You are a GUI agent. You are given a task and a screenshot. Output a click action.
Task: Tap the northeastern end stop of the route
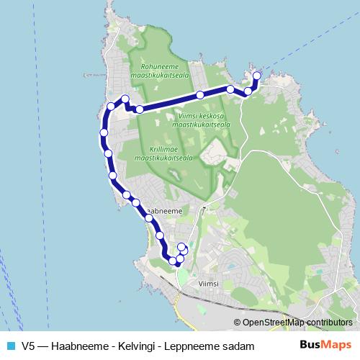point(257,76)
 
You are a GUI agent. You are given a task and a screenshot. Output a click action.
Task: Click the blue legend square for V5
point(10,346)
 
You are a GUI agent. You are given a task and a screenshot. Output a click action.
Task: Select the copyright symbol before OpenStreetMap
point(238,323)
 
